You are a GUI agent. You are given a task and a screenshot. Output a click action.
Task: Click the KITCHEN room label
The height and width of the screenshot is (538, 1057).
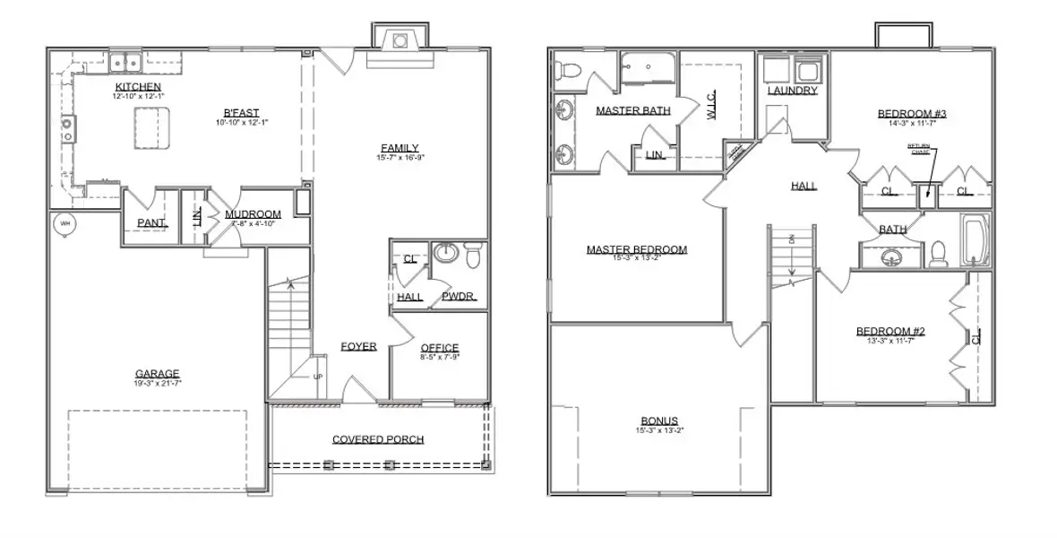click(x=137, y=86)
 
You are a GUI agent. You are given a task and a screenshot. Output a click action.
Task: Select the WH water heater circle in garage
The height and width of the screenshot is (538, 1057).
click(x=64, y=223)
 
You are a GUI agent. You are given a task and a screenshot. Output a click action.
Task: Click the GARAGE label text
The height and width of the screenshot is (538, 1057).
click(x=157, y=374)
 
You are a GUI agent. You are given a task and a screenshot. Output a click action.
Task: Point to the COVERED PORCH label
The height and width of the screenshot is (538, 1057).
click(x=378, y=439)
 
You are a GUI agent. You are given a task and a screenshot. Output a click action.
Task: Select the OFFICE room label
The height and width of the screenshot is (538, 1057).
click(x=439, y=348)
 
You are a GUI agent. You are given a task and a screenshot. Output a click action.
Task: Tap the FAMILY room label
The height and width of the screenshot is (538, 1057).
click(x=399, y=148)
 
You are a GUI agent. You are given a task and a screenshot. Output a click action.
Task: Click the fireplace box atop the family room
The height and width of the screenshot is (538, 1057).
click(x=400, y=39)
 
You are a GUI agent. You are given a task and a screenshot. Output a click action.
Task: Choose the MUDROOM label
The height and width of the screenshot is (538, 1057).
click(x=253, y=214)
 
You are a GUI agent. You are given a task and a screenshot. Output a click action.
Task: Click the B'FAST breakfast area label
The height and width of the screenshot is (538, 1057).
click(x=242, y=112)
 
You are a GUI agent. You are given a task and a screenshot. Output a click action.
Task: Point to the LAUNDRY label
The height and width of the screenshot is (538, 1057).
click(x=792, y=91)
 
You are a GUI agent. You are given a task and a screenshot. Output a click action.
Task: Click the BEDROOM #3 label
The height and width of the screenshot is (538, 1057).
click(x=911, y=114)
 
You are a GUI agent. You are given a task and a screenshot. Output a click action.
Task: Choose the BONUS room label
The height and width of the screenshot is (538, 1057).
click(x=658, y=421)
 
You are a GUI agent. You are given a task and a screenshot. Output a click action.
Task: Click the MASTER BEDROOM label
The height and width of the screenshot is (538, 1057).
click(x=636, y=249)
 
